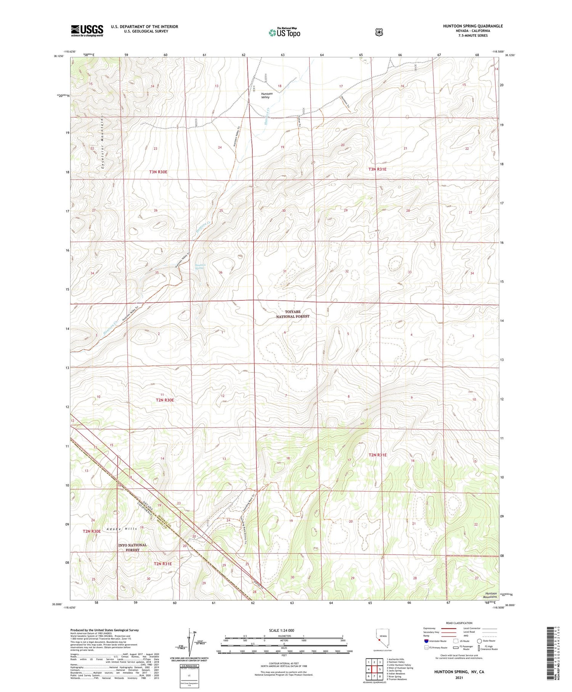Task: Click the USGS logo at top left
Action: (87, 31)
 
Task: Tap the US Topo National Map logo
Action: (284, 32)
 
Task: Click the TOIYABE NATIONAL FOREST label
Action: (293, 314)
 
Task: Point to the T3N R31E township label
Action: (377, 169)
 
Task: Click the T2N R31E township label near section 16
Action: (377, 455)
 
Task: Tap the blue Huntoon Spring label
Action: (200, 266)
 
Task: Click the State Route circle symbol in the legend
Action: (479, 641)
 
